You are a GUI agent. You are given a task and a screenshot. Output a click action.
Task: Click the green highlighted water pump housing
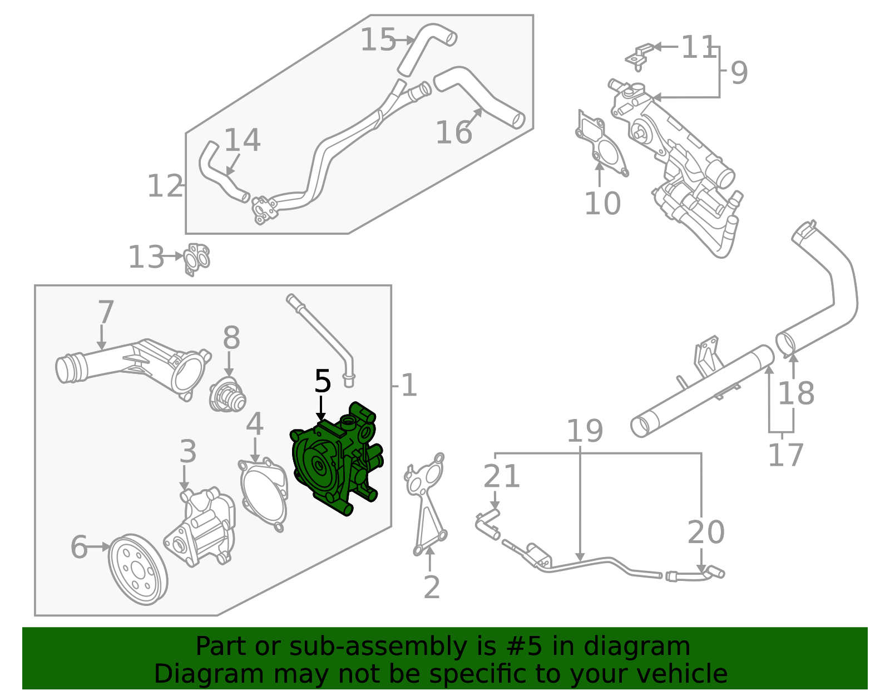pyautogui.click(x=334, y=462)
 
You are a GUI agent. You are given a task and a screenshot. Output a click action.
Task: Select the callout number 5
pyautogui.click(x=323, y=382)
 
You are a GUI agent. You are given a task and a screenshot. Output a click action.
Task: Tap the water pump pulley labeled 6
pyautogui.click(x=137, y=570)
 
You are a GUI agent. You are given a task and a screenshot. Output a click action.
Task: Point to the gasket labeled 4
pyautogui.click(x=264, y=492)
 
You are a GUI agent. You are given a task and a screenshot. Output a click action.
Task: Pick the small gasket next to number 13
pyautogui.click(x=197, y=258)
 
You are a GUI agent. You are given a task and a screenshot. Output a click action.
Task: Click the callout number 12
pyautogui.click(x=164, y=186)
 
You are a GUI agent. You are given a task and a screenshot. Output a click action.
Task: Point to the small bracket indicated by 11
pyautogui.click(x=640, y=55)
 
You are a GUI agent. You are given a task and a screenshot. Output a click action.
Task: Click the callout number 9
pyautogui.click(x=739, y=72)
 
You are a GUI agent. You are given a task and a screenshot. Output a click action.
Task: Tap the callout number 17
pyautogui.click(x=785, y=455)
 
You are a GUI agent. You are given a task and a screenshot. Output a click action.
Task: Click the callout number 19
pyautogui.click(x=585, y=431)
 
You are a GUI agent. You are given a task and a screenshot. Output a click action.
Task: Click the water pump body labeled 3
pyautogui.click(x=203, y=529)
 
